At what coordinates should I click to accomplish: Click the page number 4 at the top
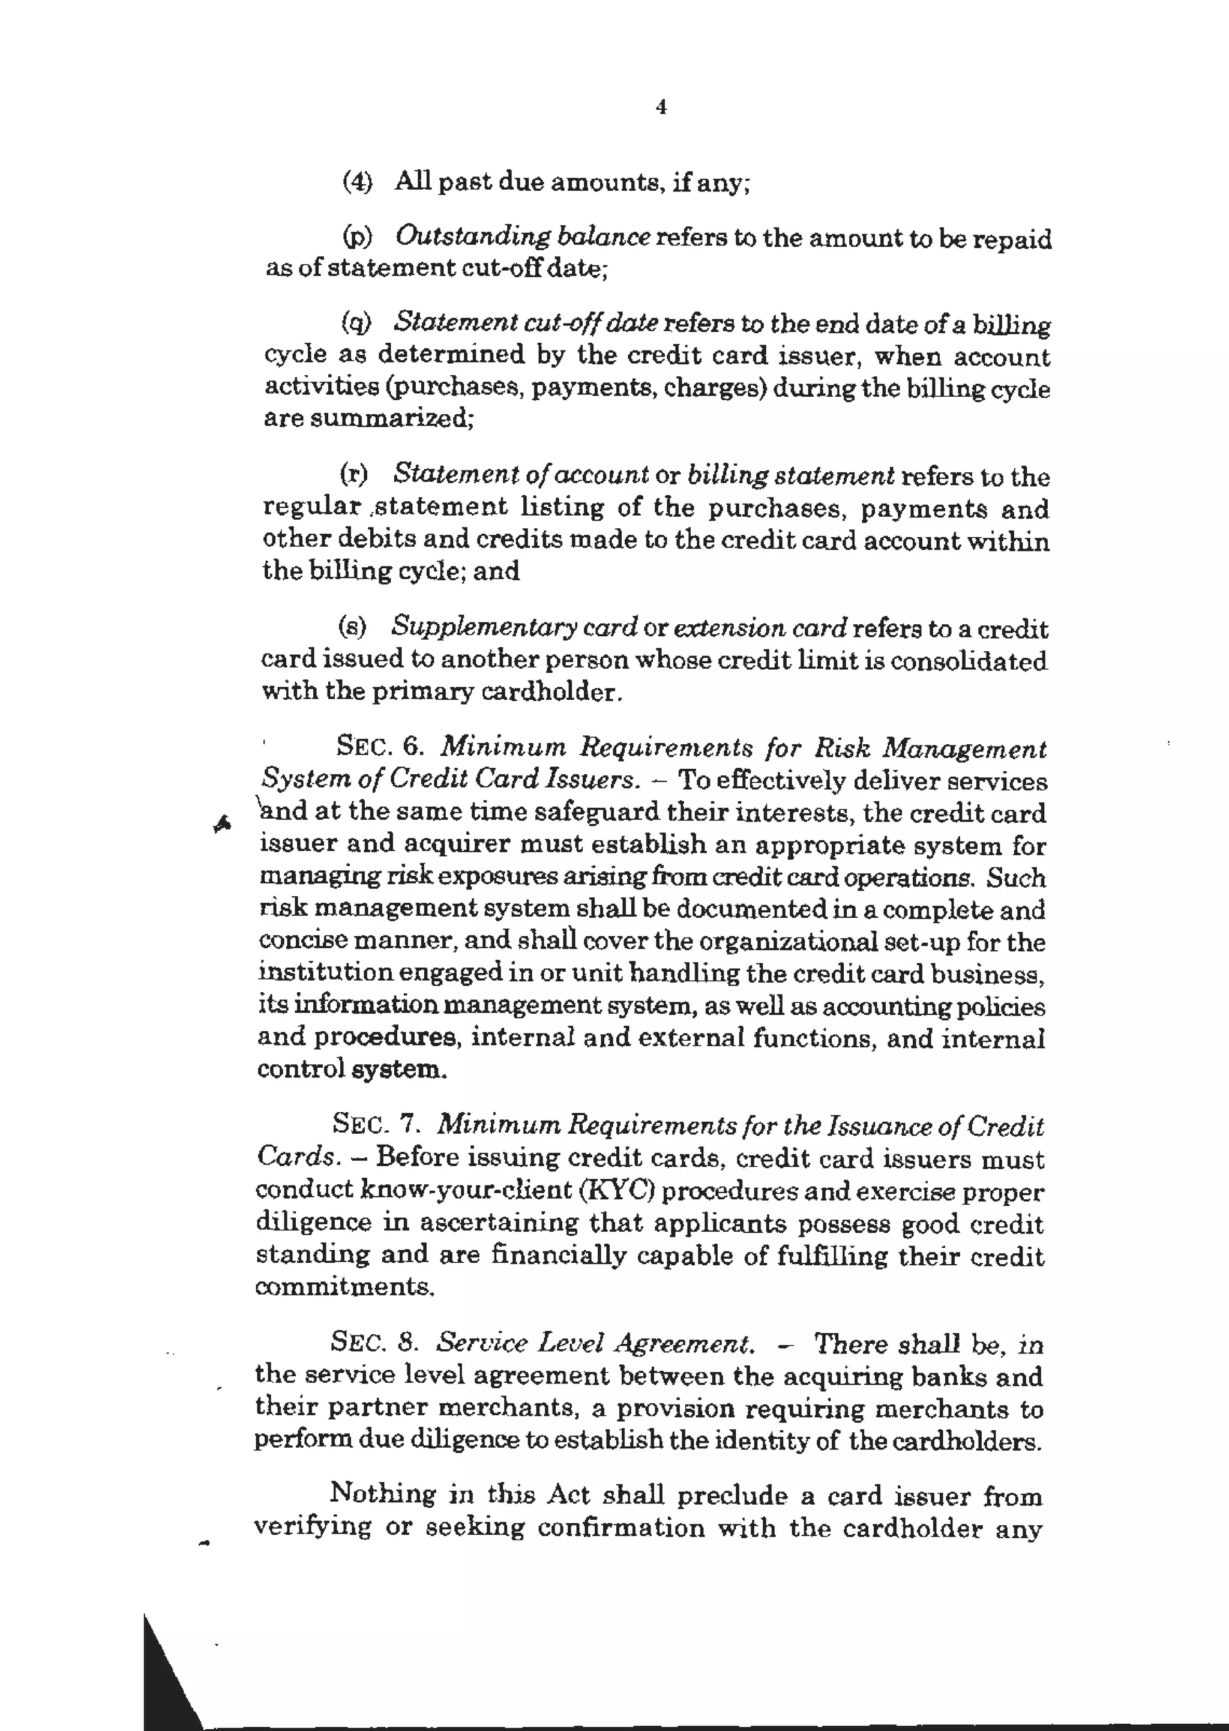(661, 107)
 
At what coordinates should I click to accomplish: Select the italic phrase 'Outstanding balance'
(523, 237)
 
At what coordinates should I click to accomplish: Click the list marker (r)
(353, 475)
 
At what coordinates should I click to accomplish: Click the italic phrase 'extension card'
(760, 628)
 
